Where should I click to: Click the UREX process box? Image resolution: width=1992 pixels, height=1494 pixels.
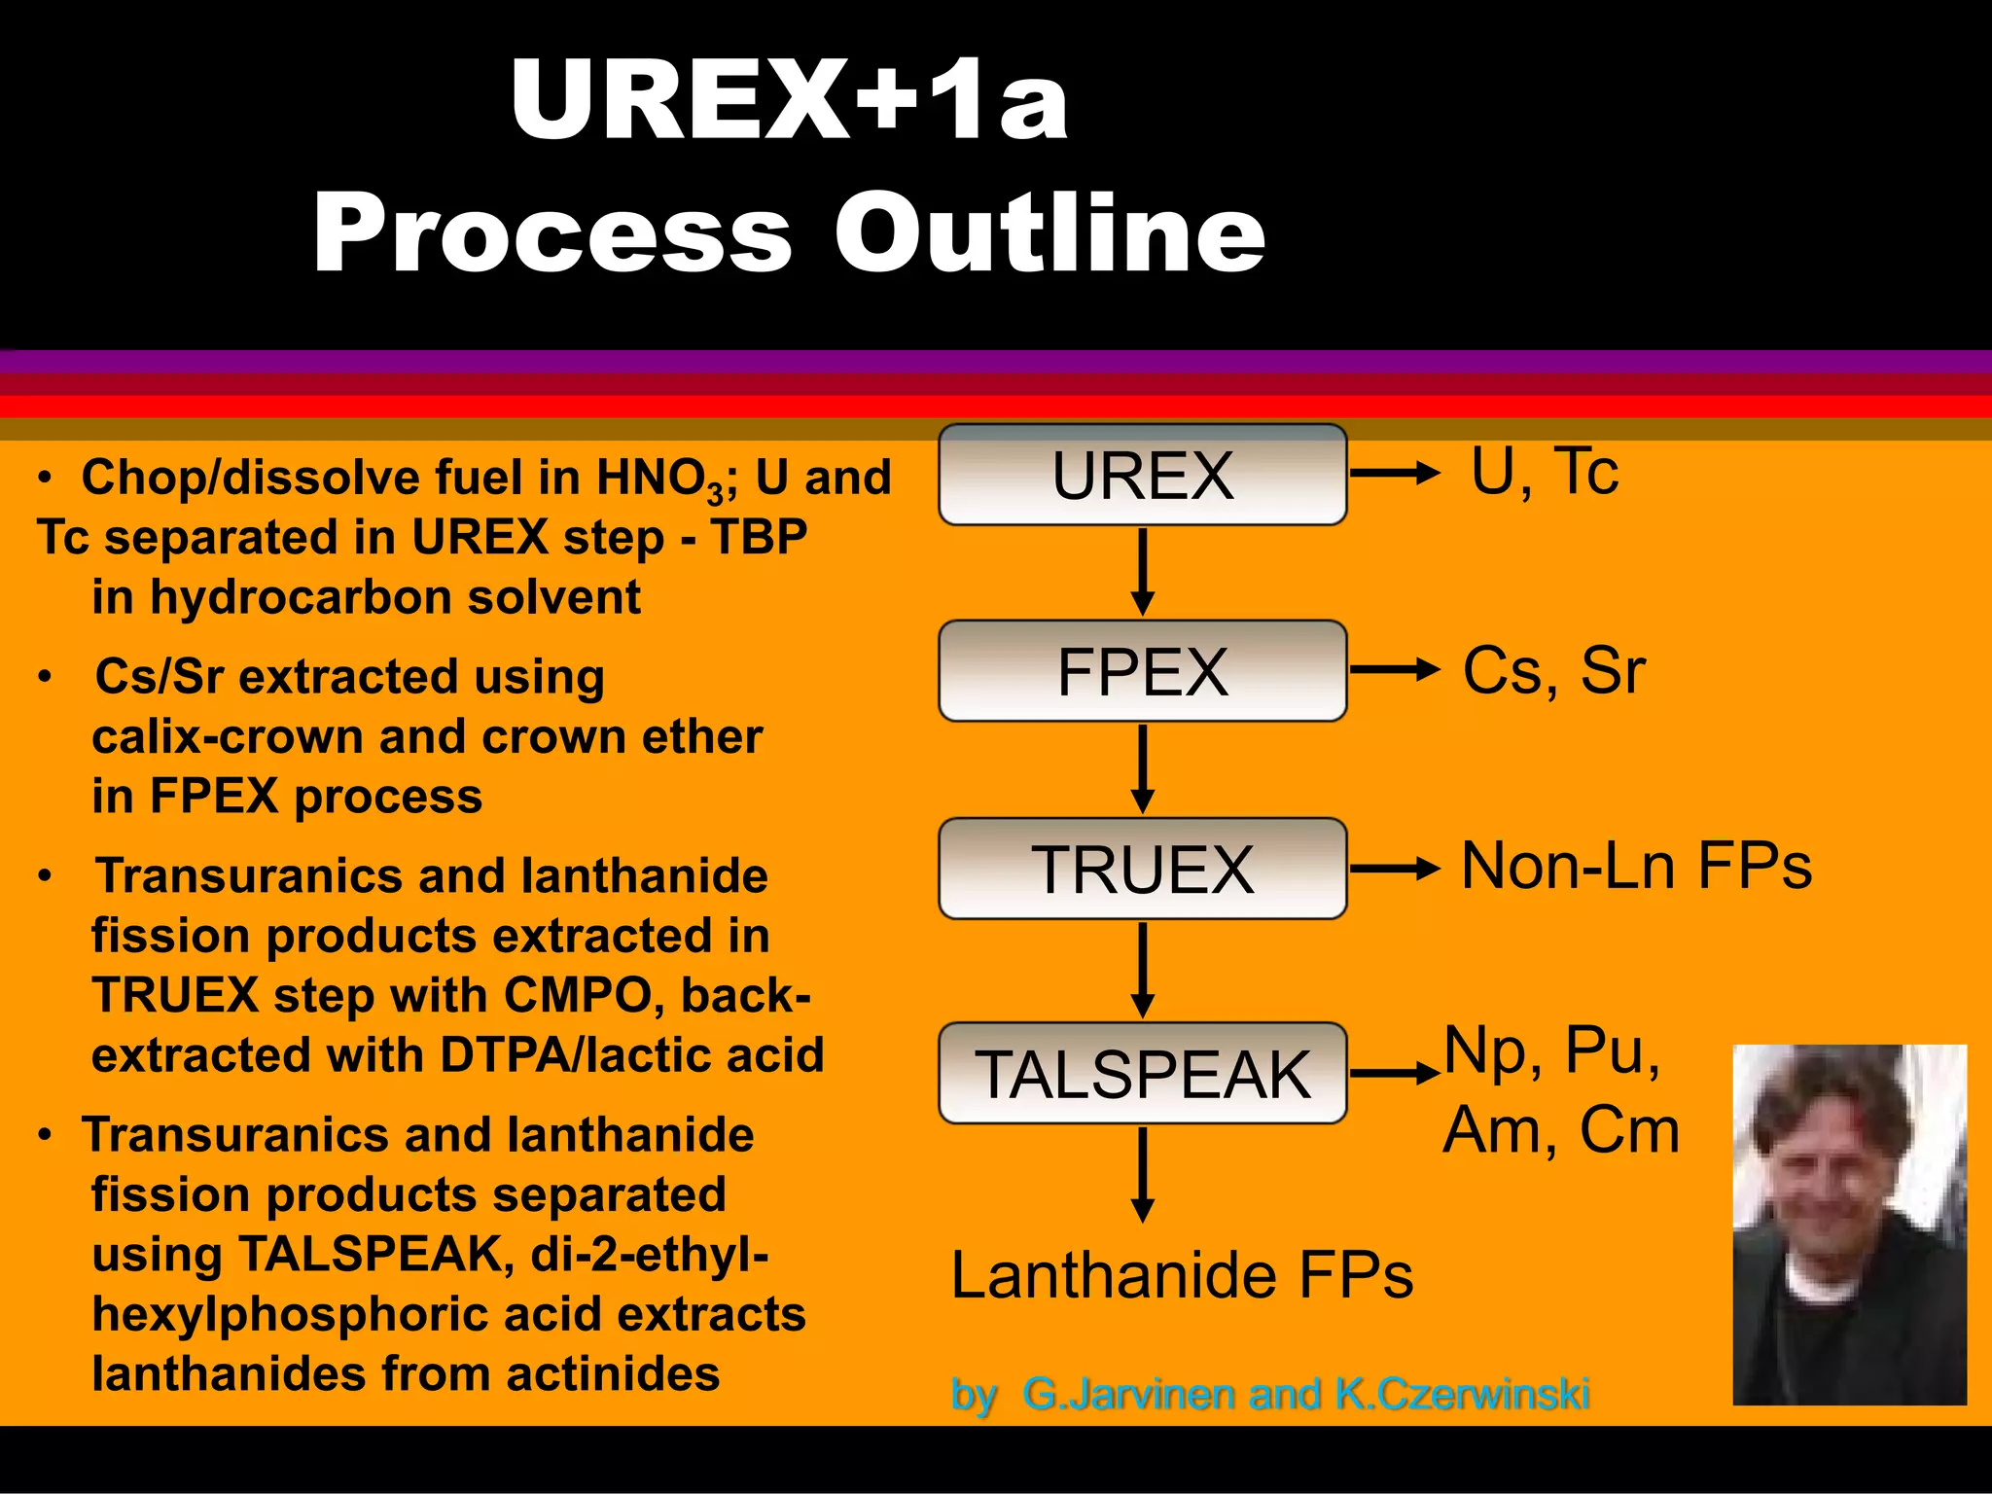(1143, 476)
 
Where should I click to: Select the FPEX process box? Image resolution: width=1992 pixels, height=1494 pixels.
(1143, 671)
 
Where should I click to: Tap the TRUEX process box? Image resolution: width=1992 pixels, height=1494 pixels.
(1143, 869)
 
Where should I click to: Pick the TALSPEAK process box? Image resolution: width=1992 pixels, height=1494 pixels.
(1143, 1074)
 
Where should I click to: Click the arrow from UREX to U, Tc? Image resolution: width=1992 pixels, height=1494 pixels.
(1394, 474)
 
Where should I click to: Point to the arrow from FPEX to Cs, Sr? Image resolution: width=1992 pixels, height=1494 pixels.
(1394, 669)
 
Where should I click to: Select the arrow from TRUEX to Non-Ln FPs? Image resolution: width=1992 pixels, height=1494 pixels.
(1394, 869)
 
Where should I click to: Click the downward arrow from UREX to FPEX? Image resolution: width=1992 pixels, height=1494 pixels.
(1144, 572)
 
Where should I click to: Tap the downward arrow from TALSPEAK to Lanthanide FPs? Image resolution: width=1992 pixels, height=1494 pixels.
(1144, 1174)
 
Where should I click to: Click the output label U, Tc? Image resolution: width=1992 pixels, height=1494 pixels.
(1545, 473)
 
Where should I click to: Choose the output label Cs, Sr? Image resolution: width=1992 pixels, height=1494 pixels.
(1553, 670)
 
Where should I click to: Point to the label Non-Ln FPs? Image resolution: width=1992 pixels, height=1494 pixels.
(1636, 866)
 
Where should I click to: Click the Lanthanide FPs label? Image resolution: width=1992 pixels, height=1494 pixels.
(1182, 1275)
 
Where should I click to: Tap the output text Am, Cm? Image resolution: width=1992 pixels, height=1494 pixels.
(1561, 1130)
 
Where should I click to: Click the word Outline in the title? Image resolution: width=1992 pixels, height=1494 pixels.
(1049, 233)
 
